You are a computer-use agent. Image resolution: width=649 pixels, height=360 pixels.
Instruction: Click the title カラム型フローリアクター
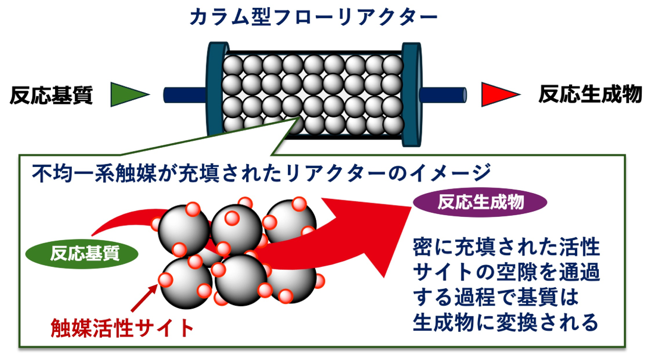pyautogui.click(x=313, y=18)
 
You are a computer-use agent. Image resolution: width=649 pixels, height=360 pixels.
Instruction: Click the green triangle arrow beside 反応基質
pyautogui.click(x=129, y=94)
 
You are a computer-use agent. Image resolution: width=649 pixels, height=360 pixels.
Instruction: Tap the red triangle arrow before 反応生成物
pyautogui.click(x=500, y=94)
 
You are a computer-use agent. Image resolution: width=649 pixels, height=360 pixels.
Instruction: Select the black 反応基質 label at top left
pyautogui.click(x=51, y=95)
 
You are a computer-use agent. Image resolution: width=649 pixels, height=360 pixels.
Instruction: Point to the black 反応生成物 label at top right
pyautogui.click(x=590, y=94)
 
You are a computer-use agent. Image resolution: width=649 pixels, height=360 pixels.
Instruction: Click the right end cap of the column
pyautogui.click(x=412, y=94)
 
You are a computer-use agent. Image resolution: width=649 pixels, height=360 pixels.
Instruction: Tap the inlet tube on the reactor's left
pyautogui.click(x=185, y=95)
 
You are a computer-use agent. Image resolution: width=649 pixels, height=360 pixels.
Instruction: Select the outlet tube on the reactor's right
pyautogui.click(x=443, y=95)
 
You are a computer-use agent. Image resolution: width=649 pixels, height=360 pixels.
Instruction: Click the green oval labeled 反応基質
pyautogui.click(x=82, y=253)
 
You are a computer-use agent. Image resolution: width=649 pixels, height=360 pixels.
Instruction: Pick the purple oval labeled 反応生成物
pyautogui.click(x=480, y=202)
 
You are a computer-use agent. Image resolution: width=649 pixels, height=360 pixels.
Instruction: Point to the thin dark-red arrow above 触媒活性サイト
pyautogui.click(x=144, y=298)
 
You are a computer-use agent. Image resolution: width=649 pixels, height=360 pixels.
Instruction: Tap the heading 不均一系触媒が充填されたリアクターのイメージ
pyautogui.click(x=262, y=174)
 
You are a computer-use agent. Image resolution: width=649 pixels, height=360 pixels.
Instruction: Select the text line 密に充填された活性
pyautogui.click(x=506, y=247)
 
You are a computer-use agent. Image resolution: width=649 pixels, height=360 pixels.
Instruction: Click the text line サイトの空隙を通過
pyautogui.click(x=506, y=273)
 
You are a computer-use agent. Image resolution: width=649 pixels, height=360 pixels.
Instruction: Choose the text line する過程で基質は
pyautogui.click(x=495, y=298)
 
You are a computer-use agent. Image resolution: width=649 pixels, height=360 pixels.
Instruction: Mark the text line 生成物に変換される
pyautogui.click(x=506, y=323)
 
